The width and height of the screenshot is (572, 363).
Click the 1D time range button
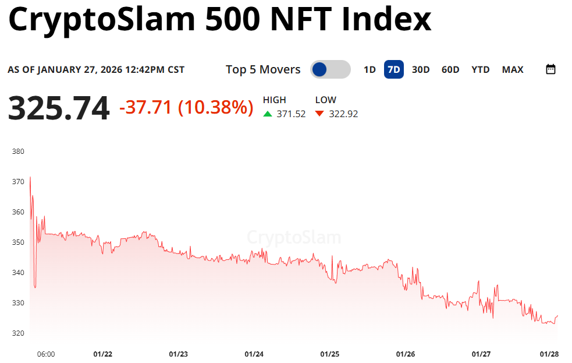tap(370, 70)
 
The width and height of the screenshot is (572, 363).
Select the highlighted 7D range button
tap(394, 70)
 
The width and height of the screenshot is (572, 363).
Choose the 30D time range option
tap(421, 70)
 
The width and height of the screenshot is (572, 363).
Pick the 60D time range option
tap(450, 70)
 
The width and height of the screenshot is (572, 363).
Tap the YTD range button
tap(481, 70)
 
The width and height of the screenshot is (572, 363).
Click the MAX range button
tap(513, 70)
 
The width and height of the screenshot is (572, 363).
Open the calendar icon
tap(550, 69)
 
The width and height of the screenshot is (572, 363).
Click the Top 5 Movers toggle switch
tap(330, 70)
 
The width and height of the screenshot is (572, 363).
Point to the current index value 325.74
tap(59, 108)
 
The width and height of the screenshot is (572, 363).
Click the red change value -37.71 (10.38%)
tap(186, 107)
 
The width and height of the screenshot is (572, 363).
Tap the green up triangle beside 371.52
tap(268, 114)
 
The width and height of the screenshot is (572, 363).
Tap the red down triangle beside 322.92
tap(319, 114)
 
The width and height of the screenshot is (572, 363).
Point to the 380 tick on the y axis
tap(18, 151)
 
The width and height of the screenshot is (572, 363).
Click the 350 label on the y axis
tap(18, 242)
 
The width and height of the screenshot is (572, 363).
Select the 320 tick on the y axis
tap(18, 333)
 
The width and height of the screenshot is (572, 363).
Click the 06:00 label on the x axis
tap(46, 354)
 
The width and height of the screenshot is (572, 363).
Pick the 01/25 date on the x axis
tap(330, 354)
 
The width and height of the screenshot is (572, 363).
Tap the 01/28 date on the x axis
tap(549, 354)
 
